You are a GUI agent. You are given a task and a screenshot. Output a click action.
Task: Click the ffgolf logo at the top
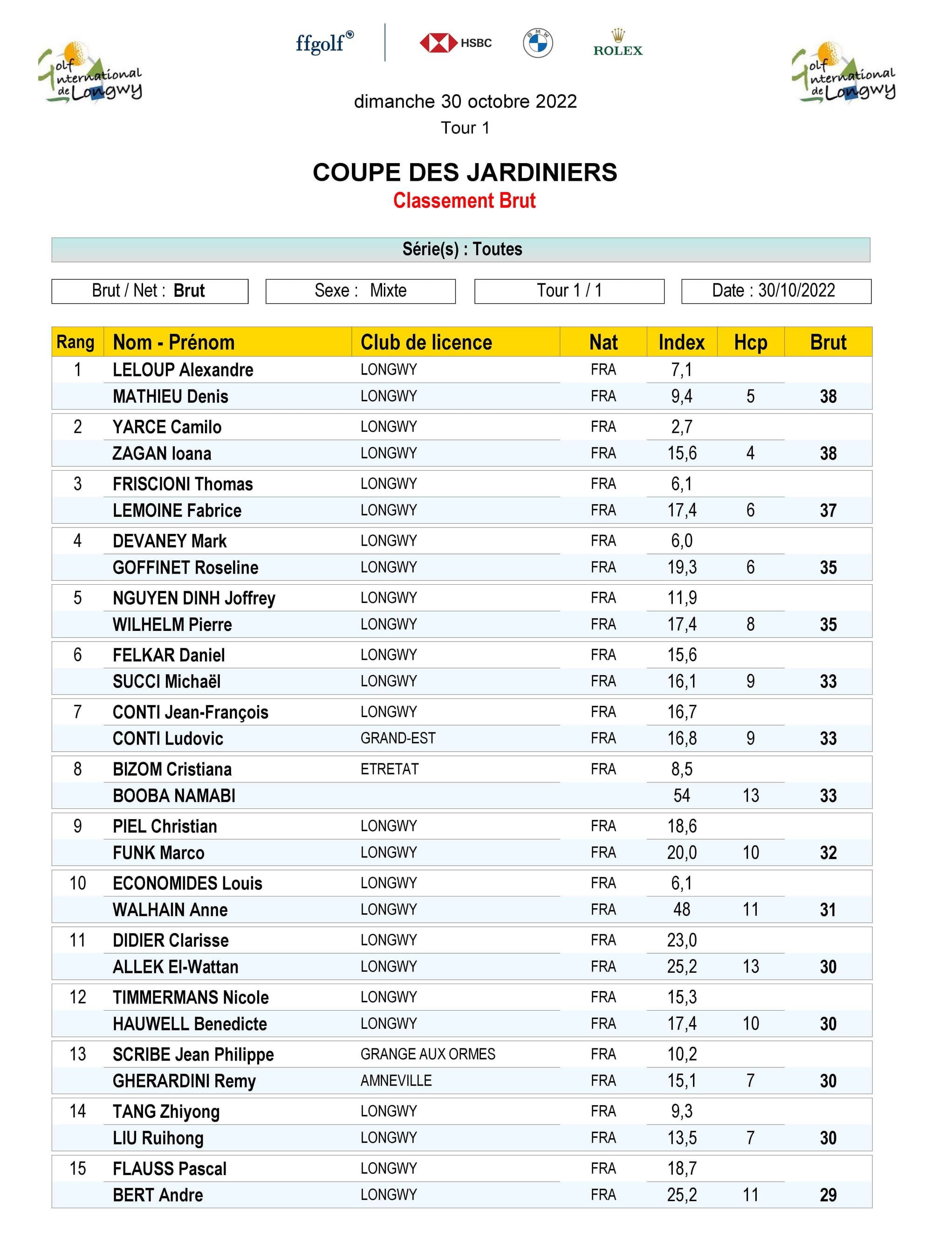coord(324,43)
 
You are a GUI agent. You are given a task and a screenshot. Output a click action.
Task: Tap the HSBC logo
coord(455,43)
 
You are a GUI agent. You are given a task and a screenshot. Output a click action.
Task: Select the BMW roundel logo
coord(538,43)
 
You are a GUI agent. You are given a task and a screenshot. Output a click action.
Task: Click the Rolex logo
coord(618,44)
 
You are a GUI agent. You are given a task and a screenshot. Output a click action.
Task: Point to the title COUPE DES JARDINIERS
coord(465,172)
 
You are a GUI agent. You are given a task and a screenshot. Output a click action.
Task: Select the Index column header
coord(681,342)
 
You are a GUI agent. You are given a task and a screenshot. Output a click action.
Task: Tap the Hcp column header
coord(750,342)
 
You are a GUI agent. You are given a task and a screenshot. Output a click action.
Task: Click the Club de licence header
coord(426,342)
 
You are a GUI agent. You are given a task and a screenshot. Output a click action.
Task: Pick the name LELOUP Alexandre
coord(183,370)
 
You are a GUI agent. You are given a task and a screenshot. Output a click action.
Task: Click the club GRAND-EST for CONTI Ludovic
coord(398,738)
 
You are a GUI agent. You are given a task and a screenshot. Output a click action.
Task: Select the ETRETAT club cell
coord(389,769)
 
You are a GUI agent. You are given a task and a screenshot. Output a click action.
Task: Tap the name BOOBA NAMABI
coord(174,796)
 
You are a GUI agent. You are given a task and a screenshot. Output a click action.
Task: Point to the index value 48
coord(681,910)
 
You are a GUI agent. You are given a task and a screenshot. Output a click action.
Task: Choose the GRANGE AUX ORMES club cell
coord(428,1054)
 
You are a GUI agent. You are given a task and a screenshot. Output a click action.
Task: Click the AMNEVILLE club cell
coord(396,1081)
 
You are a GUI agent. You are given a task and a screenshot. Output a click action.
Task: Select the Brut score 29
coord(828,1195)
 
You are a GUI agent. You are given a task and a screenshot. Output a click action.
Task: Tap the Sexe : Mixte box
coord(361,291)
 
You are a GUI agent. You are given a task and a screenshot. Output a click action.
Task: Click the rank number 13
coord(78,1054)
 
